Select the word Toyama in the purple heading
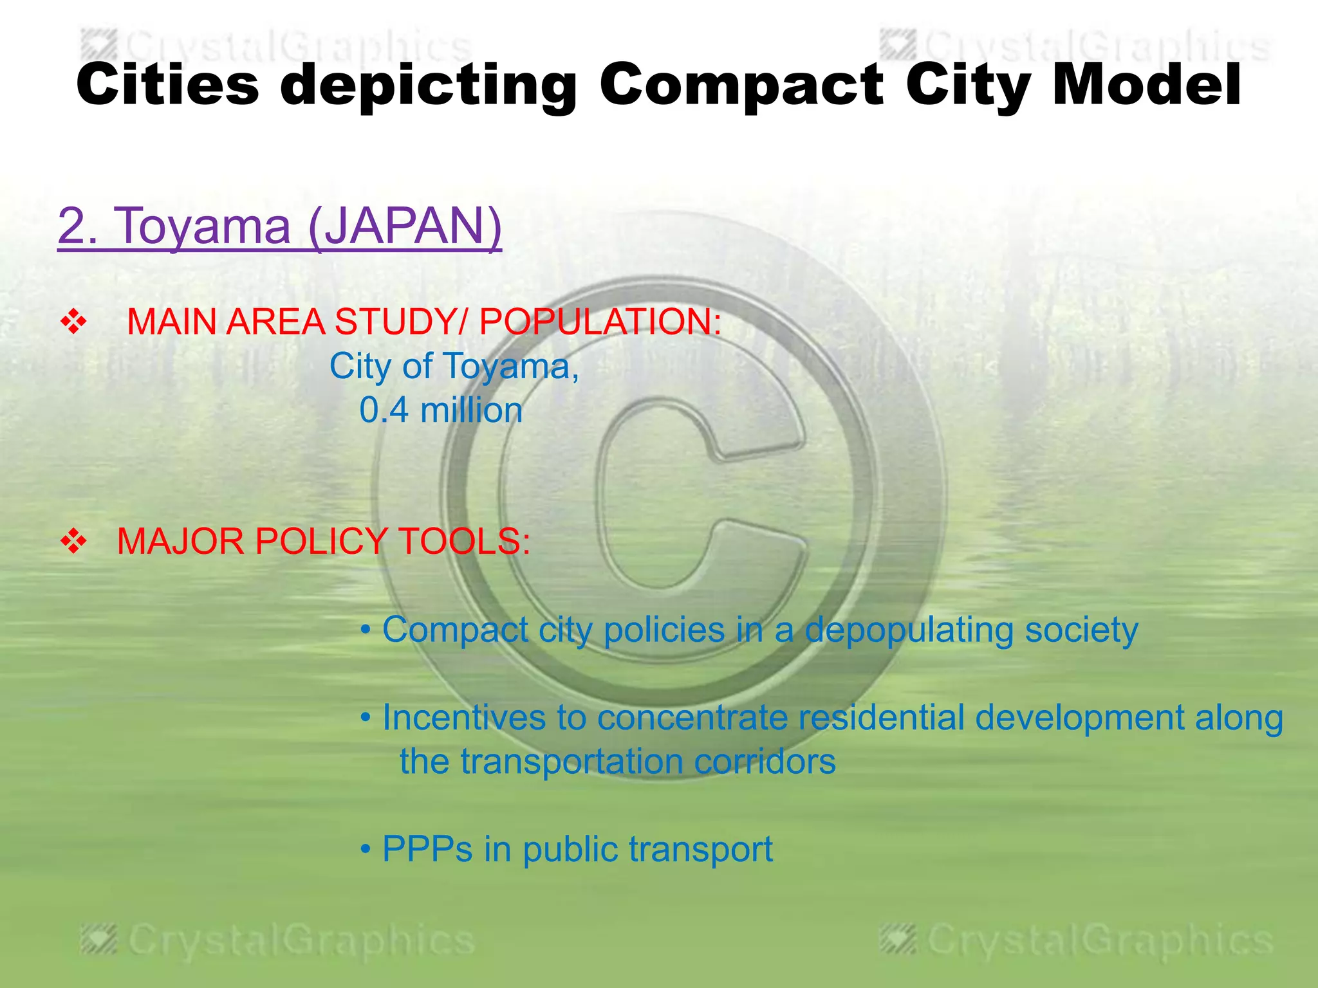(202, 226)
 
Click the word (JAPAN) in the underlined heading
(405, 226)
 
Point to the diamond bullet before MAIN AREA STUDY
(73, 322)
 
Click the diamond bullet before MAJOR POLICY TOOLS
(73, 541)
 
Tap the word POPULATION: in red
(600, 322)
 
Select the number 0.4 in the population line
(384, 410)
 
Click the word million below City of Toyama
(471, 410)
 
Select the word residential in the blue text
(881, 718)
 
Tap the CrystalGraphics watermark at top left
(277, 47)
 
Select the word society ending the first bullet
(1081, 630)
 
